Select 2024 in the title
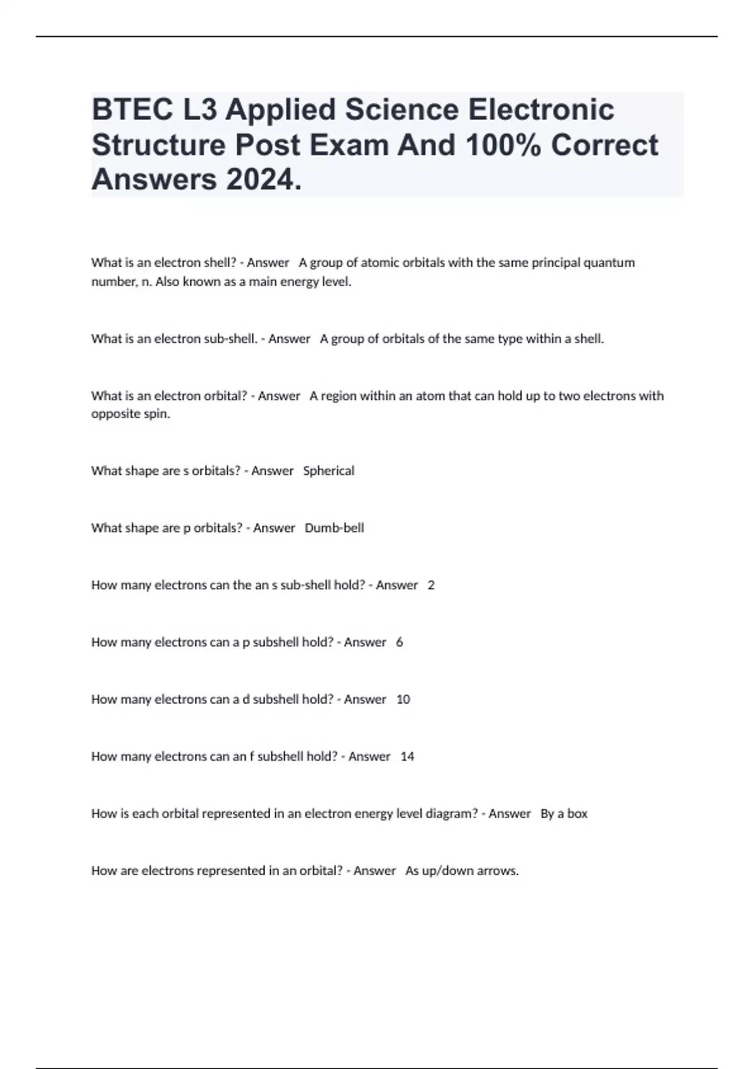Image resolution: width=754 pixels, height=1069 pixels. click(x=264, y=180)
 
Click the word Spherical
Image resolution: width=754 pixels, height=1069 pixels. click(x=329, y=470)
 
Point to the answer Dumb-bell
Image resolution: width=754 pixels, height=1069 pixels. click(x=334, y=528)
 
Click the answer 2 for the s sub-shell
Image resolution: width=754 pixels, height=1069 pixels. click(x=431, y=585)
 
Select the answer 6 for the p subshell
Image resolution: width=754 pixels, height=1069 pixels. click(x=400, y=642)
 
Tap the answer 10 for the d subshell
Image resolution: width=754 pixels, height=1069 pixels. click(x=403, y=699)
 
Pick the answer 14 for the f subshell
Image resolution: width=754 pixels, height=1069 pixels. click(x=407, y=756)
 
